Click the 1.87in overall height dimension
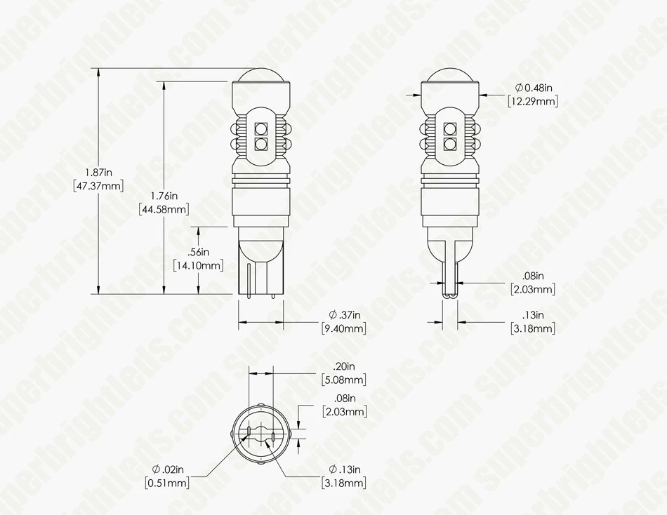pos(98,172)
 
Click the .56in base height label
pos(199,252)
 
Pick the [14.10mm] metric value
pos(198,265)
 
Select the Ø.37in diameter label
pos(344,314)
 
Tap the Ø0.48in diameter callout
pos(533,88)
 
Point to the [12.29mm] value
pos(533,102)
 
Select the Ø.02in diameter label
pos(167,469)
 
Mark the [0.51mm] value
pos(167,483)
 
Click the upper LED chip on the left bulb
pos(261,128)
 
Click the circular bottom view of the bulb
pos(260,435)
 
